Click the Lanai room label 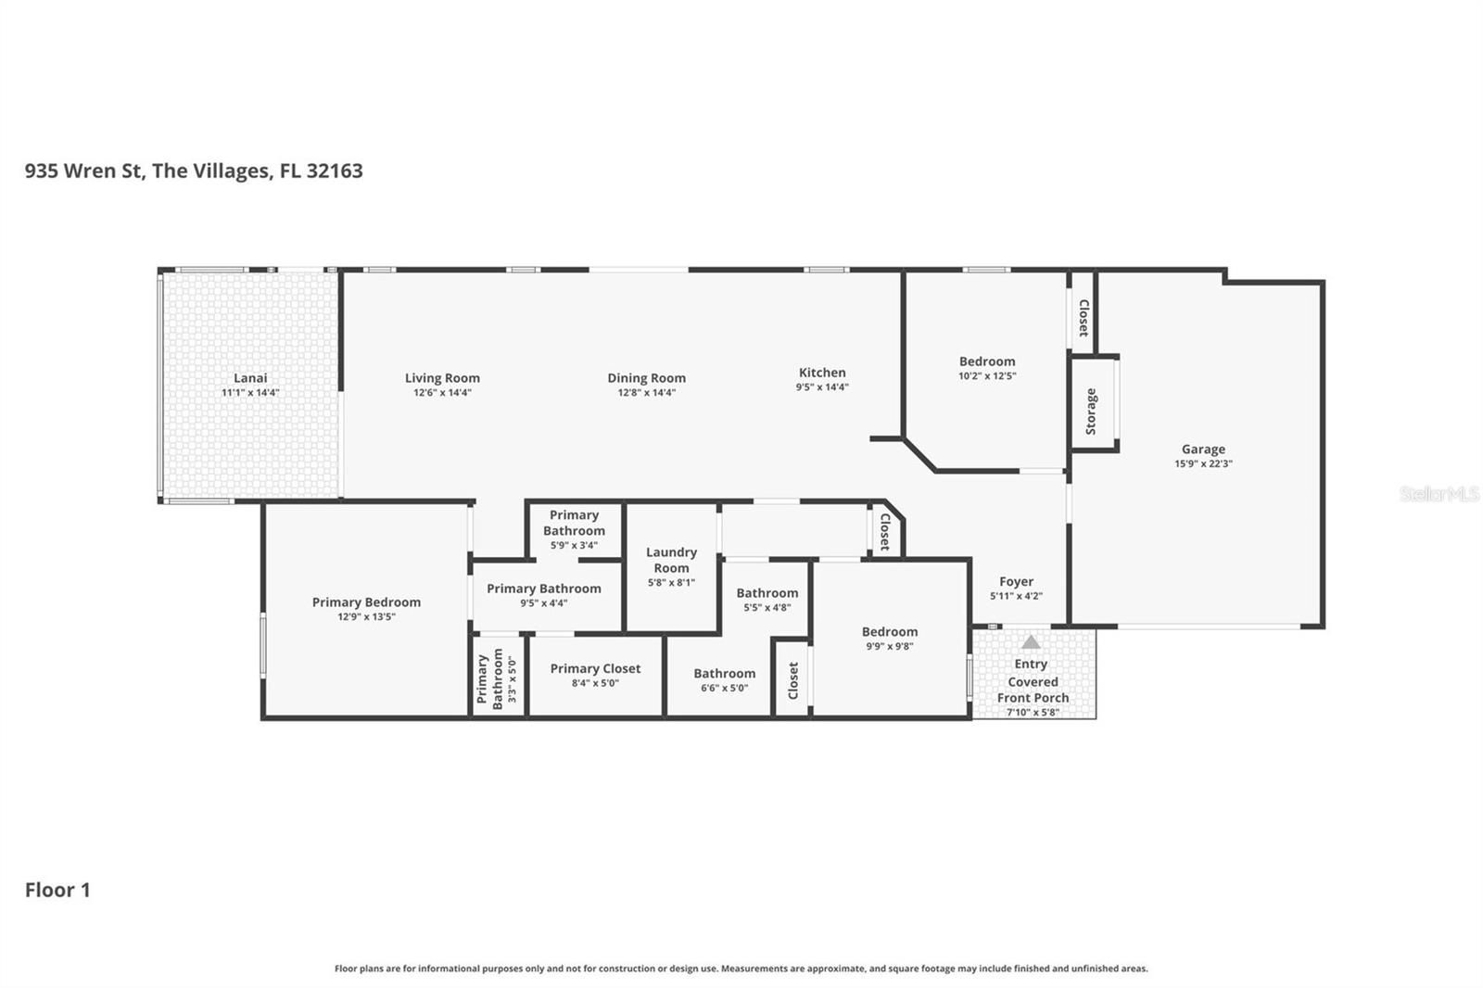pyautogui.click(x=250, y=378)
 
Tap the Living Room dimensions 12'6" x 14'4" pyautogui.click(x=442, y=393)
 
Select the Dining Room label pyautogui.click(x=647, y=378)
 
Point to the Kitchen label pyautogui.click(x=822, y=373)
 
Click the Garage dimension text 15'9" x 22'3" pyautogui.click(x=1204, y=463)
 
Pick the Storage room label pyautogui.click(x=1091, y=412)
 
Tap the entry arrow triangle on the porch pyautogui.click(x=1031, y=641)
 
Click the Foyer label pyautogui.click(x=1016, y=581)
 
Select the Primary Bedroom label pyautogui.click(x=366, y=602)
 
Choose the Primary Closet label pyautogui.click(x=595, y=669)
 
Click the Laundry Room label pyautogui.click(x=671, y=560)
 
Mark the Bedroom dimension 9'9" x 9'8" pyautogui.click(x=890, y=646)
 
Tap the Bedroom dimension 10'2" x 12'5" pyautogui.click(x=987, y=376)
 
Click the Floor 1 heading pyautogui.click(x=57, y=890)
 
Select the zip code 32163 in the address pyautogui.click(x=335, y=171)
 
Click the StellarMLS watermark pyautogui.click(x=1439, y=493)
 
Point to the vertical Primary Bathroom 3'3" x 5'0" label pyautogui.click(x=497, y=679)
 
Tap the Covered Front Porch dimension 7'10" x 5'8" pyautogui.click(x=1033, y=713)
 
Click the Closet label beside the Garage pyautogui.click(x=1084, y=319)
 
